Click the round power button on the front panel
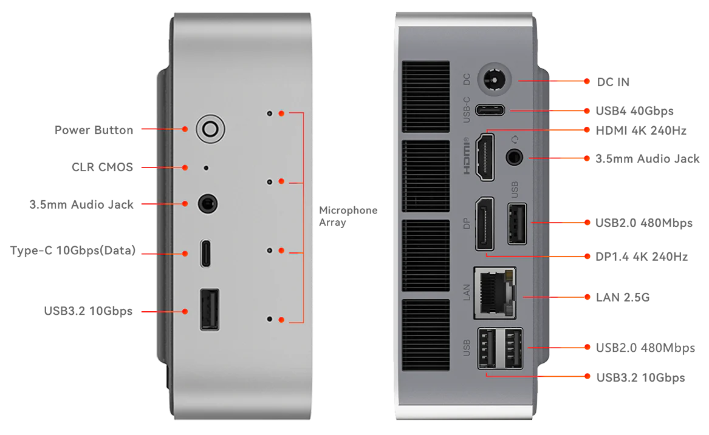(210, 129)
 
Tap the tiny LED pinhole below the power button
(206, 167)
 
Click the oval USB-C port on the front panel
(206, 253)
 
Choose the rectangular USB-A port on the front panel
(209, 311)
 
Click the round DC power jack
(495, 80)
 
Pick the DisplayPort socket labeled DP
(484, 223)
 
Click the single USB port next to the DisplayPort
(516, 223)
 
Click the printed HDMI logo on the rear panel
(467, 157)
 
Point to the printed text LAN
(467, 292)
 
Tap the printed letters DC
(467, 79)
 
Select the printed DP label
(467, 223)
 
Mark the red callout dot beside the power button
(184, 129)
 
